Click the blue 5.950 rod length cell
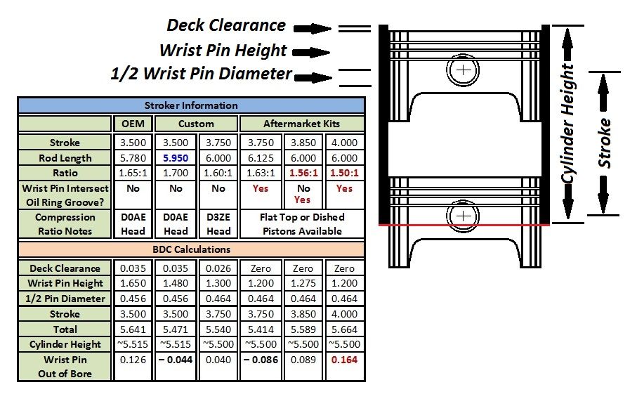[176, 158]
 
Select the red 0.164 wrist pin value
[344, 360]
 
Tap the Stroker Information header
[191, 105]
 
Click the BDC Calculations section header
[191, 249]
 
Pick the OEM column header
[133, 124]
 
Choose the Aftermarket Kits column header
[301, 124]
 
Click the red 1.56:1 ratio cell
[303, 173]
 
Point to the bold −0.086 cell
[261, 360]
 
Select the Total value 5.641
[133, 329]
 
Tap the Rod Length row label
[65, 158]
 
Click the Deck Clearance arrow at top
[312, 28]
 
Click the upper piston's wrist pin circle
[463, 70]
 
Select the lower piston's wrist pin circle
[463, 216]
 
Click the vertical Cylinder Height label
[567, 124]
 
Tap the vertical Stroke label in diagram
[604, 143]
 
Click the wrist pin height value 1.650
[133, 283]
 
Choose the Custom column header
[196, 124]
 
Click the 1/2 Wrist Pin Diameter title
[201, 74]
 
